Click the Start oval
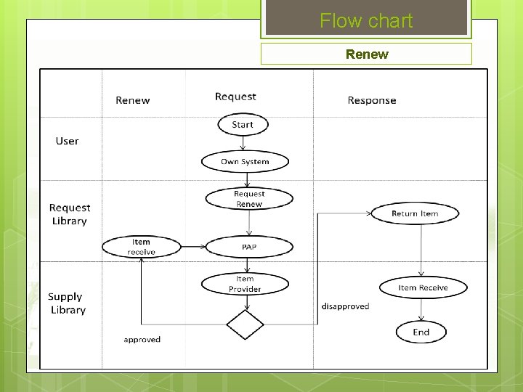click(243, 125)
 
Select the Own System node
click(245, 162)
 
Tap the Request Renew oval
click(249, 199)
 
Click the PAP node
click(249, 248)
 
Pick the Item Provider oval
click(245, 284)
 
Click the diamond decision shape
click(245, 324)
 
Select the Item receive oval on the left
click(141, 247)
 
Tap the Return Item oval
click(415, 213)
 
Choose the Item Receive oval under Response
click(423, 287)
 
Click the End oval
click(421, 332)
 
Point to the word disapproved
click(345, 306)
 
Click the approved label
click(142, 340)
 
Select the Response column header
click(372, 100)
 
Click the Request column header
click(235, 97)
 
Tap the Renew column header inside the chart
click(133, 100)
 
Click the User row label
click(67, 141)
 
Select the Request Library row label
click(70, 214)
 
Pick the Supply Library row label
click(67, 303)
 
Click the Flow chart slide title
click(366, 21)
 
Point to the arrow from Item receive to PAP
click(192, 248)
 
